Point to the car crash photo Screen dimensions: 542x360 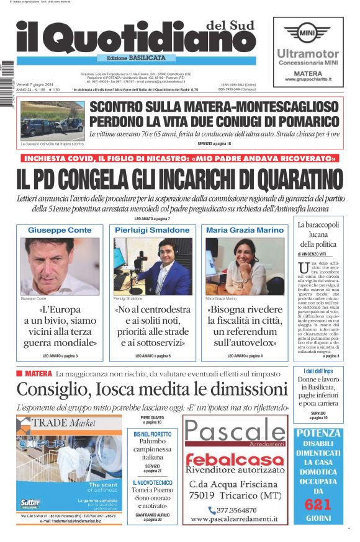coord(52,120)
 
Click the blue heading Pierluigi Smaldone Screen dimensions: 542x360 coord(152,230)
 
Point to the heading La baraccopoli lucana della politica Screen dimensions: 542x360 coord(318,234)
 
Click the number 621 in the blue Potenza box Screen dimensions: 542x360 coord(317,505)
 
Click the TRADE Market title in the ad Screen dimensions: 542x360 coord(62,423)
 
